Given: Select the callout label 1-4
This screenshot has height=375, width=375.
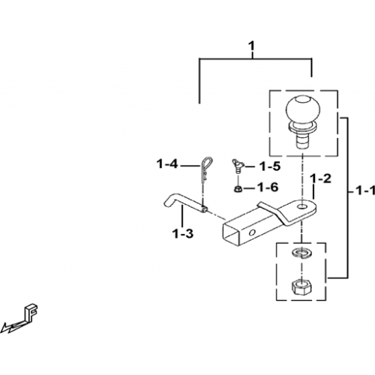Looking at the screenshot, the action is tap(167, 164).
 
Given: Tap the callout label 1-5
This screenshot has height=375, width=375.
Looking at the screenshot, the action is tap(270, 166).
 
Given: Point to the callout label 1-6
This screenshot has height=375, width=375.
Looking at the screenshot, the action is tap(268, 187).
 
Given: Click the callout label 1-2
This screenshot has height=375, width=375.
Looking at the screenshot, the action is tap(320, 178).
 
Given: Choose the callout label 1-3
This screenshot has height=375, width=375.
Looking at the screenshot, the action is tap(183, 234).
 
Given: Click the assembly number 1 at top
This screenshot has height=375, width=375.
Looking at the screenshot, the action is tap(251, 46).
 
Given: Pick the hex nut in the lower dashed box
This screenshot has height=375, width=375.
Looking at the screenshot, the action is tap(301, 287).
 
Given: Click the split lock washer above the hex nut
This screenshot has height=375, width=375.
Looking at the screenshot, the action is tap(301, 253).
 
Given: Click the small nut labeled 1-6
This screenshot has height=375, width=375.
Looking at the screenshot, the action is tap(237, 189).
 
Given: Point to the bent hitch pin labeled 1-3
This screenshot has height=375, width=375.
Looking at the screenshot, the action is tap(185, 205).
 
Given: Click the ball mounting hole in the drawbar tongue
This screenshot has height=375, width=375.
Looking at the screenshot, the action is tap(302, 207).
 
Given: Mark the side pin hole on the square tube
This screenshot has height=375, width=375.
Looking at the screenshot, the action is tap(252, 233).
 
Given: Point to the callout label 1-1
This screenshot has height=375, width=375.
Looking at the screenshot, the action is tap(365, 191).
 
